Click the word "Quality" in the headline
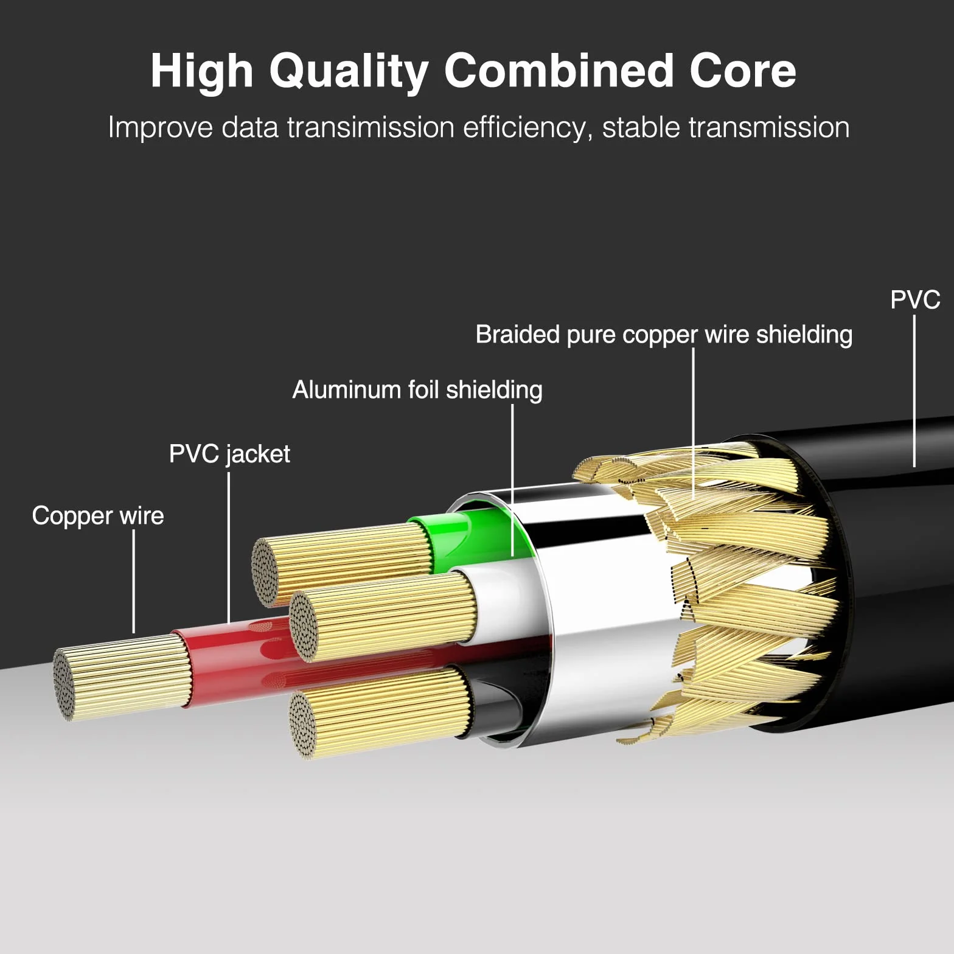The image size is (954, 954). (349, 72)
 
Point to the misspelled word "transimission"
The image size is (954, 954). (371, 127)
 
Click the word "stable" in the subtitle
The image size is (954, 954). (641, 127)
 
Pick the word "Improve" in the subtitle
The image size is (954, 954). (161, 128)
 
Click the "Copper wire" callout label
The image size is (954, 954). (98, 516)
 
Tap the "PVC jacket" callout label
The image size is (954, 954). (229, 454)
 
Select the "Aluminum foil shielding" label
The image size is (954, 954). (417, 390)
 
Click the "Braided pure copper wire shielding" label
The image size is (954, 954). (664, 335)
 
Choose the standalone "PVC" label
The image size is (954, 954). (915, 299)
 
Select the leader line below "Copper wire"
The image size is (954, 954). (134, 582)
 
